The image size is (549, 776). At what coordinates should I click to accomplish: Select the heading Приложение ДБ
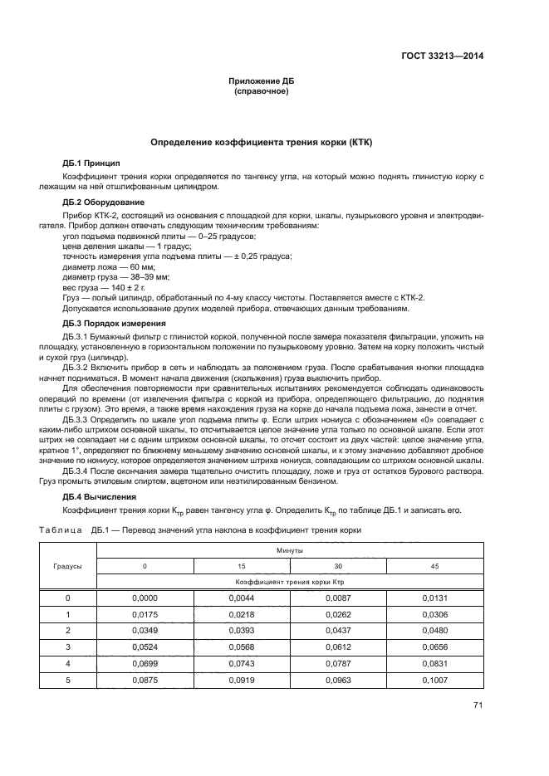262,81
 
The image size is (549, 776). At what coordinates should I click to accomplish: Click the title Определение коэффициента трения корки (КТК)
262,143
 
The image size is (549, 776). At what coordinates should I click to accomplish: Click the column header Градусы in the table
68,565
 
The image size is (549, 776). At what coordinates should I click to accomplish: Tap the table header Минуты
290,549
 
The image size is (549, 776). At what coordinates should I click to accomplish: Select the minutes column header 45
434,565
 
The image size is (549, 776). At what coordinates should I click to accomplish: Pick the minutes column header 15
242,565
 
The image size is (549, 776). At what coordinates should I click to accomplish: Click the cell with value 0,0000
145,598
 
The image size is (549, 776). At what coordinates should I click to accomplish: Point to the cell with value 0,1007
434,680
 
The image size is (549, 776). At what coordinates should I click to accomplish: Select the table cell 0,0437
338,630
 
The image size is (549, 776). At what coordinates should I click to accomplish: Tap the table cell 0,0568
242,647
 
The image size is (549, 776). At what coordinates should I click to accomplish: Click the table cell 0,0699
145,663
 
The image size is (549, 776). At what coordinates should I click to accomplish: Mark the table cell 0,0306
434,614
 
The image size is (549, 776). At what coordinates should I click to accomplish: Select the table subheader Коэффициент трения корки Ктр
290,582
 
